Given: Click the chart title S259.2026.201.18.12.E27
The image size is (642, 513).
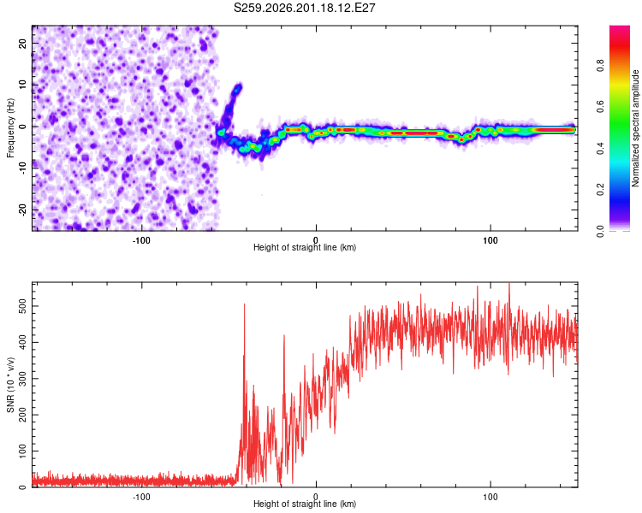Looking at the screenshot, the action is pyautogui.click(x=304, y=8).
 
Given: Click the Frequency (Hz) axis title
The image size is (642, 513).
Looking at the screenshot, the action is pyautogui.click(x=10, y=128).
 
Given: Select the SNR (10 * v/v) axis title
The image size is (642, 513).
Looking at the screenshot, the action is pyautogui.click(x=10, y=385).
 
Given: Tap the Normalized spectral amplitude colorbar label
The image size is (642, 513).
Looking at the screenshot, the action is pyautogui.click(x=635, y=128).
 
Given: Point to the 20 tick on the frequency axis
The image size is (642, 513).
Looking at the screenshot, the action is pyautogui.click(x=23, y=43).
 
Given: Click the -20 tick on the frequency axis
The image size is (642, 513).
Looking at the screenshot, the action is pyautogui.click(x=23, y=209).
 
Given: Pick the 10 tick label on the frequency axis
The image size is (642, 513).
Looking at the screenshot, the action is pyautogui.click(x=23, y=85).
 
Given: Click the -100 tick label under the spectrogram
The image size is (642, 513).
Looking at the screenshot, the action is pyautogui.click(x=141, y=240).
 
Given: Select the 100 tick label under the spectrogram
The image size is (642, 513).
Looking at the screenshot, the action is pyautogui.click(x=490, y=240).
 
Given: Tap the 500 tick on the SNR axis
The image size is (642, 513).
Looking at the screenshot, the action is pyautogui.click(x=23, y=306).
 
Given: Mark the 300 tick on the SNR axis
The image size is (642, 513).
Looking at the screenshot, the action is pyautogui.click(x=23, y=379).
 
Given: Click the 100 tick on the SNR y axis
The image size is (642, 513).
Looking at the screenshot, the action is pyautogui.click(x=23, y=451).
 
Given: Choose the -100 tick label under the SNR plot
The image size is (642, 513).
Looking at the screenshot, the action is pyautogui.click(x=141, y=497).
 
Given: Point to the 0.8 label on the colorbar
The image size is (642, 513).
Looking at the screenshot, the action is pyautogui.click(x=600, y=66).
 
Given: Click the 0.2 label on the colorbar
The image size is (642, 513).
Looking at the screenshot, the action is pyautogui.click(x=600, y=190).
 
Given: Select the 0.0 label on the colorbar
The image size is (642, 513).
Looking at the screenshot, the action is pyautogui.click(x=600, y=231).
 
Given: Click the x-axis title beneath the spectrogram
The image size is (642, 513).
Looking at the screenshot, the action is pyautogui.click(x=305, y=247).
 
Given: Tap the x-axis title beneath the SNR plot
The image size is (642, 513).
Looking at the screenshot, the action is pyautogui.click(x=305, y=504).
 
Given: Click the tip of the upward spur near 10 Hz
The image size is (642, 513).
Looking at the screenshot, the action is pyautogui.click(x=239, y=85).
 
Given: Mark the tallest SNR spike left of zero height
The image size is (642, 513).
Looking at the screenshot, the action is pyautogui.click(x=245, y=304).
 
